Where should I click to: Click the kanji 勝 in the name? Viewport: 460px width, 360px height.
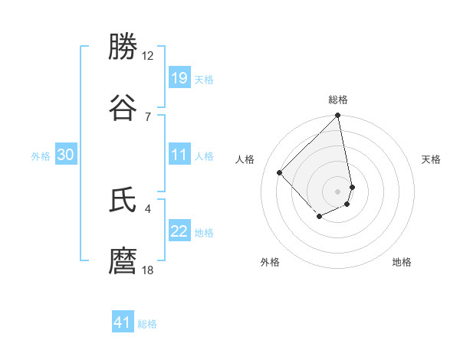pos(123,47)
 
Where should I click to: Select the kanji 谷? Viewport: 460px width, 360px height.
pos(123,107)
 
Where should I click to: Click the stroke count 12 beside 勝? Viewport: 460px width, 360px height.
pos(148,56)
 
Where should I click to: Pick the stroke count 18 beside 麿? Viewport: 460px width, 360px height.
pos(148,270)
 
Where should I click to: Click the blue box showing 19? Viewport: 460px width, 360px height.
pos(179,78)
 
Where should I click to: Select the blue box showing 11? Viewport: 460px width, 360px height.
pos(179,155)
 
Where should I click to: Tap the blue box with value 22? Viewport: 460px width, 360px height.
pos(179,232)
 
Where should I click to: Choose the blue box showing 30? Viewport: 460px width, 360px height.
pos(66,155)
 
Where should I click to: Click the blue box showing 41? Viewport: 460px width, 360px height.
pos(123,323)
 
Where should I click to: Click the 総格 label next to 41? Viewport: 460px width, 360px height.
pos(147,324)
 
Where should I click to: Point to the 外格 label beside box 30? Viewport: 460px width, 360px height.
pos(41,156)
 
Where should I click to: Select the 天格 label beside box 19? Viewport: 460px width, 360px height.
pos(204,79)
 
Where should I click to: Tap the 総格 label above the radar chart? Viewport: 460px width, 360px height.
pos(338,100)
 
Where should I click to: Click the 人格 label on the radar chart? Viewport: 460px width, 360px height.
pos(245,159)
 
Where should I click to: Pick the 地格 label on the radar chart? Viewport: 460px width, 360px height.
pos(402,262)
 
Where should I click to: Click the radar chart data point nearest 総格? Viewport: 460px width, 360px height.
pos(338,116)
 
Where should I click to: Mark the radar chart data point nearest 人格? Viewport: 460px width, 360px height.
pos(280,172)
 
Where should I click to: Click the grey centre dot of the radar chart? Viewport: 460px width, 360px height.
pos(338,191)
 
